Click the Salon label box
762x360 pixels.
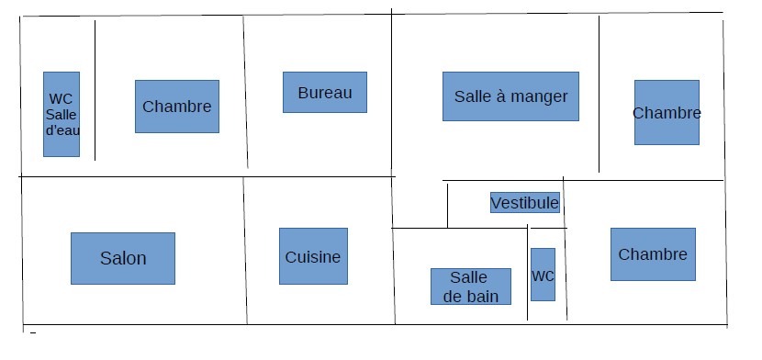[123, 258]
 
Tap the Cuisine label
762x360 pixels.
[313, 256]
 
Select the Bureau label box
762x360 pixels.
[325, 93]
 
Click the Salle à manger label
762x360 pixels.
[510, 96]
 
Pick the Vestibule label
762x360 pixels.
[525, 203]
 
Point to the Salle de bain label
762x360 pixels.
[471, 287]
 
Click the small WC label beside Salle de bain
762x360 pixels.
[543, 275]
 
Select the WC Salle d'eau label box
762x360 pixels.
[62, 114]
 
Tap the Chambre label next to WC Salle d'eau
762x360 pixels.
[177, 107]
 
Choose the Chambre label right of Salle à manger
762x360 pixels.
[667, 113]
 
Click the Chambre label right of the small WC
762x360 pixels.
[653, 254]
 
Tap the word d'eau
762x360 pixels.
[62, 130]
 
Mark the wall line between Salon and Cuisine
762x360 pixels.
[245, 251]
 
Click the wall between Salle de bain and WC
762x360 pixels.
[527, 273]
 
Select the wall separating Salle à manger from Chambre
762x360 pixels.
[599, 94]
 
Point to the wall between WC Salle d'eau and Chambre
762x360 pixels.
[95, 90]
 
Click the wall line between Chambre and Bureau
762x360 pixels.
[245, 92]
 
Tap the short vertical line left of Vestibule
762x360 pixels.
[447, 206]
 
